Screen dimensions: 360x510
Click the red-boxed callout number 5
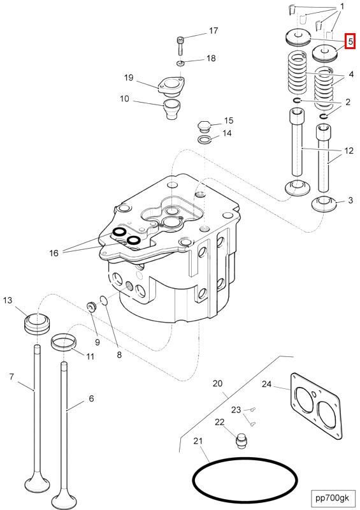[350, 41]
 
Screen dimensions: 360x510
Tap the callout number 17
[213, 31]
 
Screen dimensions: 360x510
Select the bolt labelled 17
[180, 45]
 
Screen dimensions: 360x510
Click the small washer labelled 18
[181, 62]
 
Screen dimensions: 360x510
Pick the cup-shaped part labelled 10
[172, 109]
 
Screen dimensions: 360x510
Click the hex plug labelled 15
[204, 126]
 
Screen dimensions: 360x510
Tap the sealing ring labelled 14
[204, 140]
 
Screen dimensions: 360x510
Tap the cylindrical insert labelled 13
[37, 324]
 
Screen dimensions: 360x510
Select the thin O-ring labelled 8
[104, 300]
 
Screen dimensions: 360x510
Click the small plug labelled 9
[92, 306]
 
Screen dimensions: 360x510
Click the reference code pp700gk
[333, 497]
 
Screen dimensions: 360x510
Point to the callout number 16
[54, 252]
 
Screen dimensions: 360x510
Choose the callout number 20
[217, 384]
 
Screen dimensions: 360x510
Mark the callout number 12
[349, 150]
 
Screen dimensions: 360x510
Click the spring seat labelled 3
[324, 204]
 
